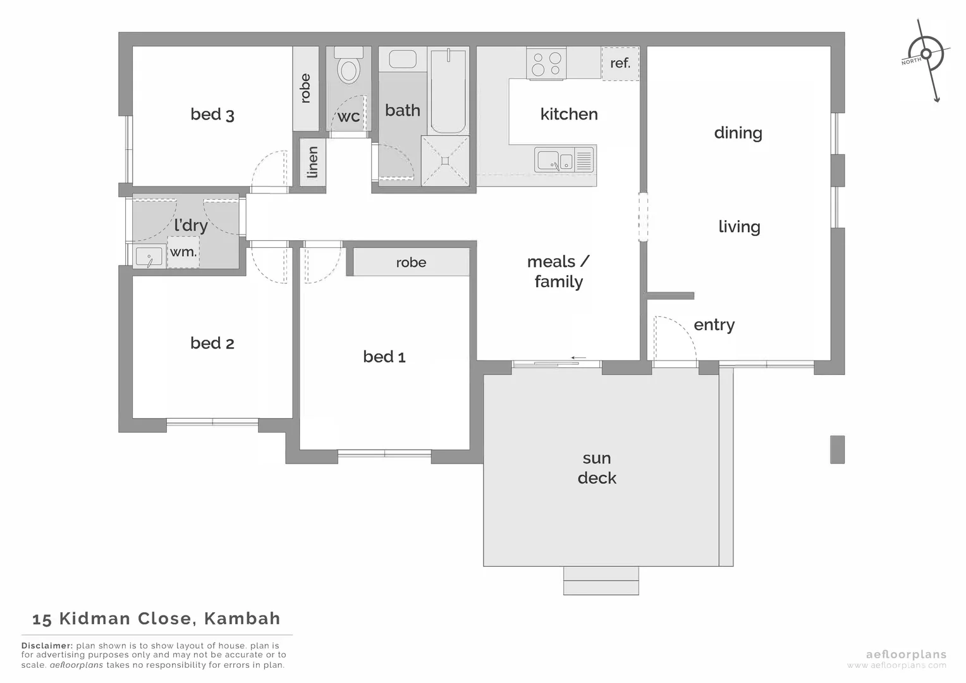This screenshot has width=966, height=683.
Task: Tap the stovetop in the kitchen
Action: tap(546, 63)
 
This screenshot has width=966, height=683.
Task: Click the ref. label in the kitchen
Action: tap(620, 63)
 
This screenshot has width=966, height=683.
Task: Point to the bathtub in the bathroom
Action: tap(448, 92)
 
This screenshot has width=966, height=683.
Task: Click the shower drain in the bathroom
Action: tap(445, 161)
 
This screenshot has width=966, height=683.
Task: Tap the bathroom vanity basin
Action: tap(402, 59)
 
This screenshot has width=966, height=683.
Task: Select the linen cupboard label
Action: tap(312, 163)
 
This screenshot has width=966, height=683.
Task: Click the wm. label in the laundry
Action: tap(183, 252)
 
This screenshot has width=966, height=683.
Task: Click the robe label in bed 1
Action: tap(411, 262)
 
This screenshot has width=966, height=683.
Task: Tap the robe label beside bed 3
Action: tap(305, 89)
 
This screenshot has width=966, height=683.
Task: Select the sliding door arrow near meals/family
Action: tap(578, 358)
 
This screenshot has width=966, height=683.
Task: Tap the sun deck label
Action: tap(596, 468)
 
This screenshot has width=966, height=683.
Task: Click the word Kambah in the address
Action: tap(243, 618)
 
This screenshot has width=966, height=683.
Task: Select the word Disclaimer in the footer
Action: tap(47, 646)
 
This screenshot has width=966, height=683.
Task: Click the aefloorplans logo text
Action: tap(905, 655)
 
